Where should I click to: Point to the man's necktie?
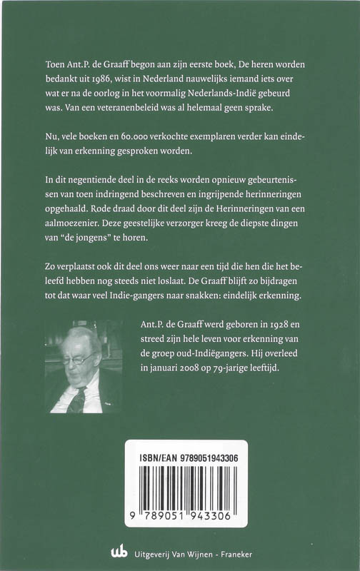76,400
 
